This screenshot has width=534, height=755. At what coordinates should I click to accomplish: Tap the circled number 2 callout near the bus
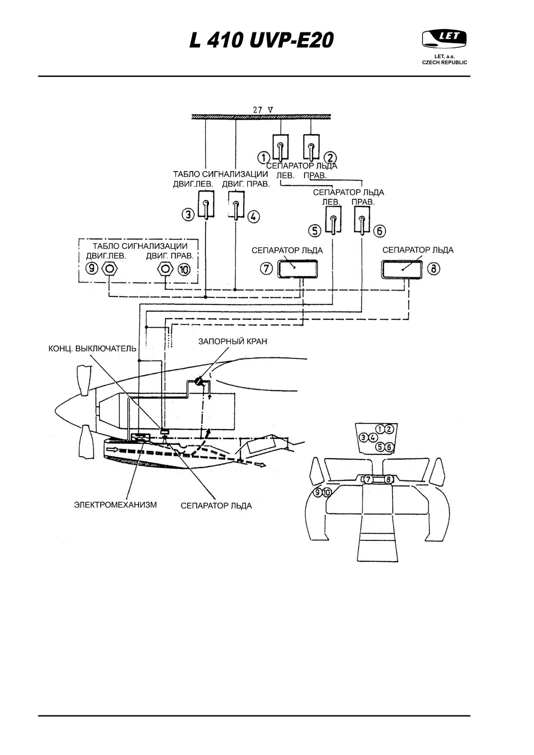point(331,158)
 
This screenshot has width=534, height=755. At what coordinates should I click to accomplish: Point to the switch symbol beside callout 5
point(333,220)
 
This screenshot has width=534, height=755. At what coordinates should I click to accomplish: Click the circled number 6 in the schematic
point(379,231)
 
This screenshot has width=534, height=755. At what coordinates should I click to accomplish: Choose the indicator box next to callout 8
point(401,269)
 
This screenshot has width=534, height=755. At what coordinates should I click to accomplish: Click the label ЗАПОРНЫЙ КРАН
point(233,341)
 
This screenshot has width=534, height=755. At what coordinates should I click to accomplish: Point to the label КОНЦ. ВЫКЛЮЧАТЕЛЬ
point(92,349)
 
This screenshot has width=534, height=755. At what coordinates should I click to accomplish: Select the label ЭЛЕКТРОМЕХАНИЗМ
point(115,504)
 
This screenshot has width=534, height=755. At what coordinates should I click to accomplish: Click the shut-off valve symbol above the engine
point(199,381)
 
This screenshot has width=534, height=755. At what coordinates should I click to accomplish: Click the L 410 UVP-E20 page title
point(262,41)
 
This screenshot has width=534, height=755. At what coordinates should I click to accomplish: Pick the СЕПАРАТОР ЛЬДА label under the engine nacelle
point(216,505)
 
